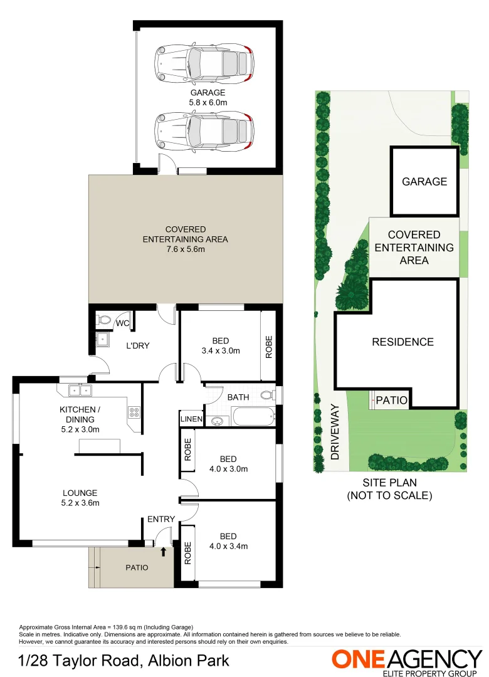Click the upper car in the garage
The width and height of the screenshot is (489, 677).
(x=204, y=63)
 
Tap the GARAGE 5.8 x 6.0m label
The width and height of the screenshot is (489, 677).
(x=208, y=97)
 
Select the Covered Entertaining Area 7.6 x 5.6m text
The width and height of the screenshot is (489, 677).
(x=186, y=239)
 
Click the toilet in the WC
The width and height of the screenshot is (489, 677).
(x=104, y=320)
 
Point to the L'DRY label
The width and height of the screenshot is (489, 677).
(x=138, y=345)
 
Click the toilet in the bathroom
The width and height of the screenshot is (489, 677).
(x=268, y=396)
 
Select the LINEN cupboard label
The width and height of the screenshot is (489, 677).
(x=191, y=419)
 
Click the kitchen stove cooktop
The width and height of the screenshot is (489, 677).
(x=134, y=412)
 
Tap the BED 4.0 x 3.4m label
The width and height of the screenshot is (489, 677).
(x=228, y=541)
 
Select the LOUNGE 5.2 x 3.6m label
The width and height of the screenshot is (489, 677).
(x=80, y=498)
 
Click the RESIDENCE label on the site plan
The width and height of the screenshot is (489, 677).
(x=402, y=342)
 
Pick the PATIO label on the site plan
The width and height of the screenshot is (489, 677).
(x=392, y=400)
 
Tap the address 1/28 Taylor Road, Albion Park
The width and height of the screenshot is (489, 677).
(x=124, y=661)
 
